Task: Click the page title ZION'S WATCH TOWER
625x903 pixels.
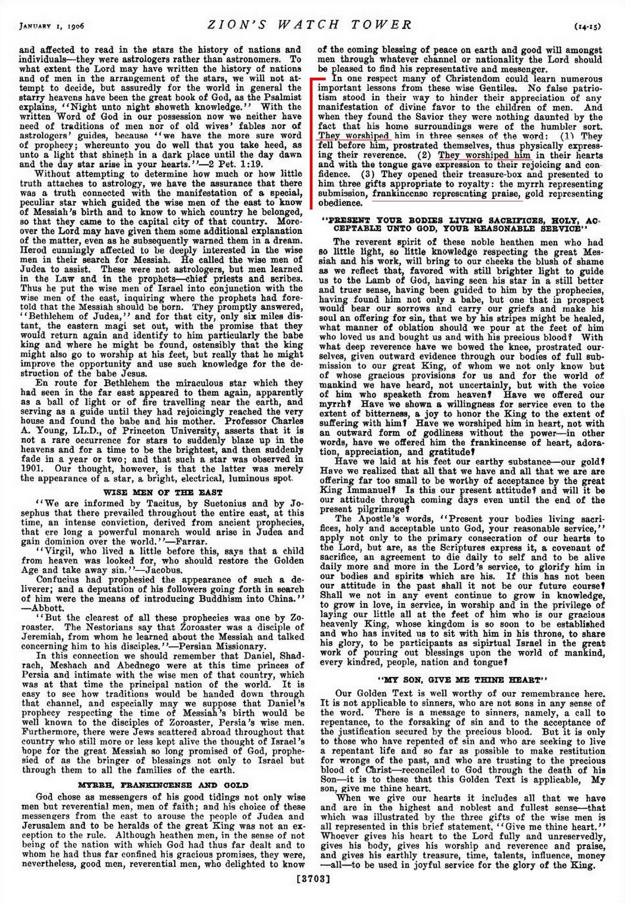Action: (310, 25)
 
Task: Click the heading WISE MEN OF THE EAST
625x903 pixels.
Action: (163, 492)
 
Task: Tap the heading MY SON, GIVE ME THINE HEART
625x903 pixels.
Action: (461, 680)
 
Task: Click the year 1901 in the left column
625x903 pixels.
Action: (30, 469)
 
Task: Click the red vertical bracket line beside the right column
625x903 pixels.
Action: (312, 142)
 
